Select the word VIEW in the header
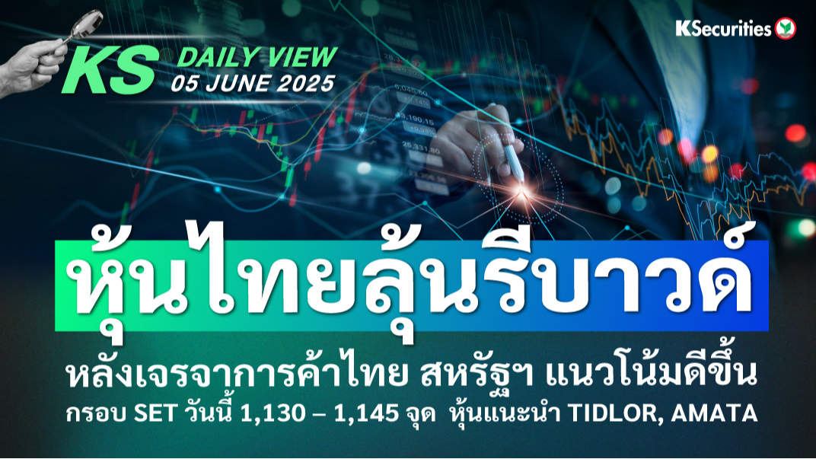coord(307,57)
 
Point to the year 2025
coord(305,83)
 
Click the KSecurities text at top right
coord(723,29)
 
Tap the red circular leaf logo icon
coord(786,29)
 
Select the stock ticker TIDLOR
coord(614,414)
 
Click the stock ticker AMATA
coord(714,414)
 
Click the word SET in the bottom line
coord(155,414)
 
